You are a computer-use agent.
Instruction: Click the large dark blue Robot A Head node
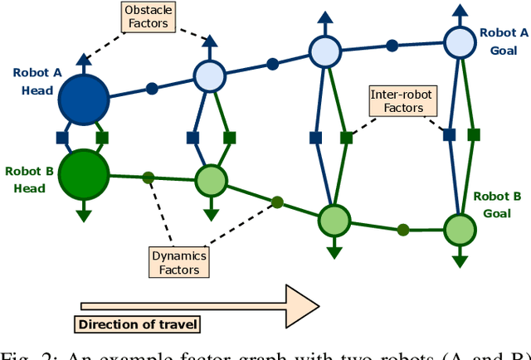coord(84,99)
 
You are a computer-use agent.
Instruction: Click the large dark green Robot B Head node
coord(84,173)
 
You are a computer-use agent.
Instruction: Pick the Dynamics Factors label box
coord(178,262)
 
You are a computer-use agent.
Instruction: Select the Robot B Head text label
coord(29,179)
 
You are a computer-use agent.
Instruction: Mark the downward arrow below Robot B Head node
coord(84,216)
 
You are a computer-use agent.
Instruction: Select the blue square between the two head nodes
coord(61,137)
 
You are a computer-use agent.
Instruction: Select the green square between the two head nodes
coord(102,137)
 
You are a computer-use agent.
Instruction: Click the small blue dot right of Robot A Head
coord(152,87)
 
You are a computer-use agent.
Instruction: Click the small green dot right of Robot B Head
coord(149,177)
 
